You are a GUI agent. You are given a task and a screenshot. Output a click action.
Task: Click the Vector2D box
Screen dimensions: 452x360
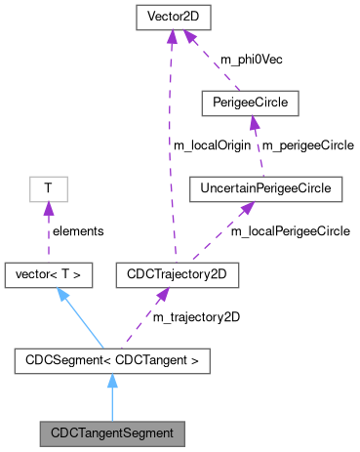[x=171, y=18]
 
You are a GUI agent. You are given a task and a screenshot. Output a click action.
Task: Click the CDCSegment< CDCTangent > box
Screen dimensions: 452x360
[x=112, y=363]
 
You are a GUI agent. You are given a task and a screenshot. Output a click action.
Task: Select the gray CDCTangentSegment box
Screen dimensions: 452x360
[x=112, y=430]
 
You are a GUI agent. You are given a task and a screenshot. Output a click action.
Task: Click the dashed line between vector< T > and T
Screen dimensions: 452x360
[x=48, y=234]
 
